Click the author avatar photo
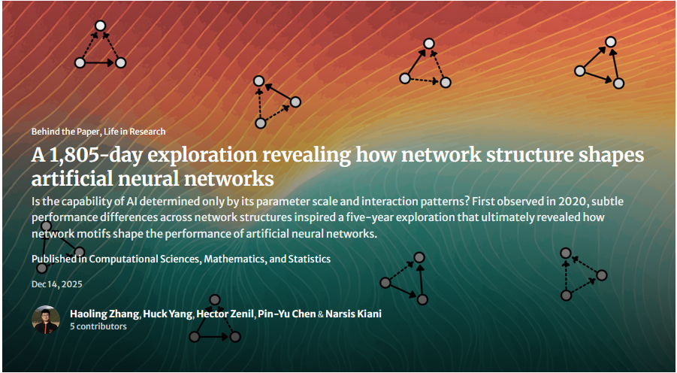click(x=46, y=320)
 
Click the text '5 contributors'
click(x=98, y=326)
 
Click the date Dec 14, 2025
click(x=57, y=284)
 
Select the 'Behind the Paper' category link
click(x=65, y=132)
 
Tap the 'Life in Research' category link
click(x=135, y=132)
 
